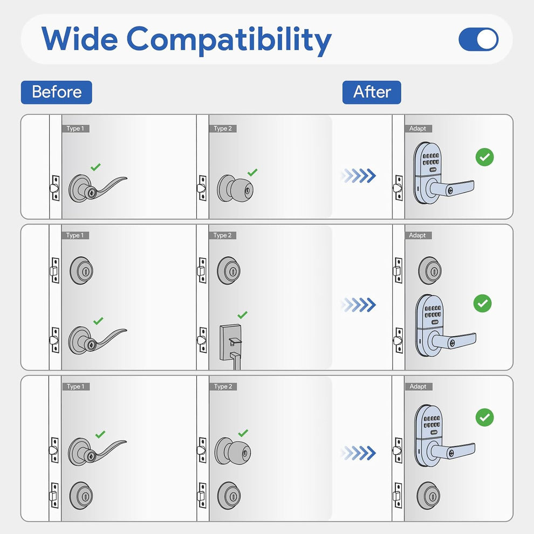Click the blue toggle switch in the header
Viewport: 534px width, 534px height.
pyautogui.click(x=478, y=39)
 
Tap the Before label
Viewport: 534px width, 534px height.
pyautogui.click(x=57, y=92)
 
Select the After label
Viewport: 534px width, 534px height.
pyautogui.click(x=372, y=92)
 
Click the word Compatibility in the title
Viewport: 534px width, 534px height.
pyautogui.click(x=229, y=40)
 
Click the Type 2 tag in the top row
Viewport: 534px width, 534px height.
pyautogui.click(x=223, y=128)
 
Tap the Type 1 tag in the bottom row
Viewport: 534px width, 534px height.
pyautogui.click(x=76, y=387)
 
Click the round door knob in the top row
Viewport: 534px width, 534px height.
pyautogui.click(x=235, y=188)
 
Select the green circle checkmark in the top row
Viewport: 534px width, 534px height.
pyautogui.click(x=484, y=157)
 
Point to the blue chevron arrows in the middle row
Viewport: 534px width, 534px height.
pyautogui.click(x=358, y=305)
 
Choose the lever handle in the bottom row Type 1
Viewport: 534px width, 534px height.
pyautogui.click(x=97, y=451)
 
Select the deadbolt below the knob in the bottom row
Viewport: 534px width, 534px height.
pyautogui.click(x=229, y=496)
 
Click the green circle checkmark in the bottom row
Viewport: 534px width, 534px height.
pyautogui.click(x=484, y=417)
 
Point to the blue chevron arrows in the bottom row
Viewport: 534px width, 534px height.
pyautogui.click(x=358, y=453)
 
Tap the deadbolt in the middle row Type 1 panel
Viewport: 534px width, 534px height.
pyautogui.click(x=81, y=270)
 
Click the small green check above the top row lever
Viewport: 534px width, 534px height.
pyautogui.click(x=95, y=167)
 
